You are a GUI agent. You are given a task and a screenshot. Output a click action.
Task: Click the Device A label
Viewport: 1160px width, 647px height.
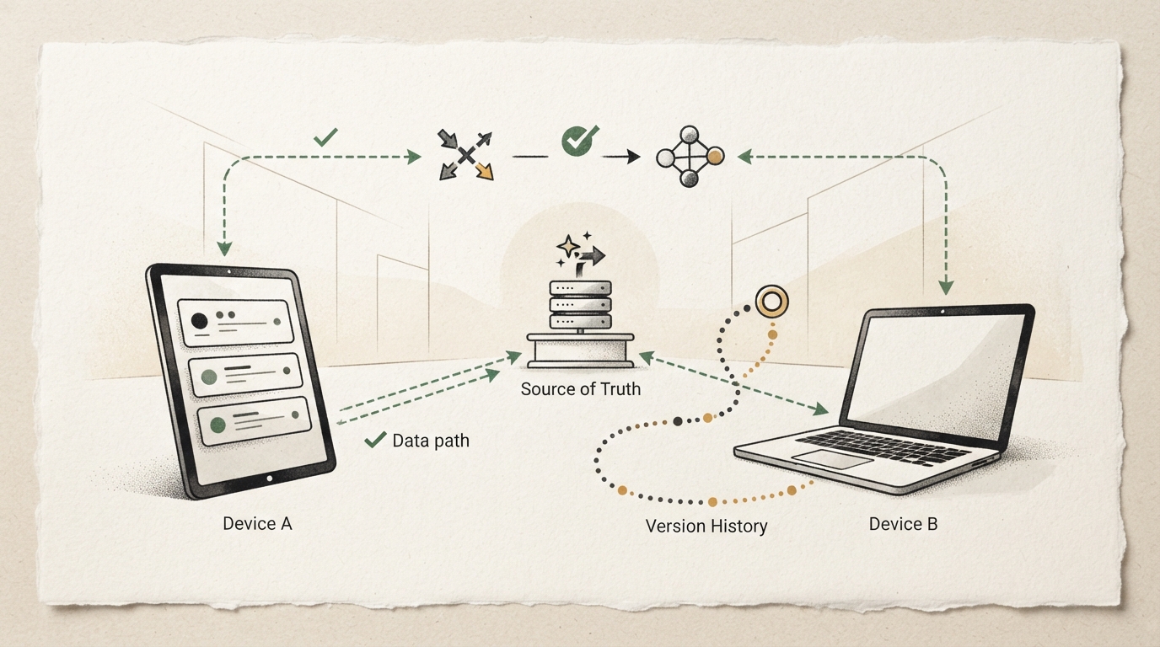pyautogui.click(x=257, y=523)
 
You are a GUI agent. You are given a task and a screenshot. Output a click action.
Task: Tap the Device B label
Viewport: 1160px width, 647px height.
pyautogui.click(x=903, y=524)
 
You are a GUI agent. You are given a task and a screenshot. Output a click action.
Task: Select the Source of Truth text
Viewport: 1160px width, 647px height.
pyautogui.click(x=581, y=388)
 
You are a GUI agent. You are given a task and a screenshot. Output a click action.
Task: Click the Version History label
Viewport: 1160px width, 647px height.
pyautogui.click(x=706, y=526)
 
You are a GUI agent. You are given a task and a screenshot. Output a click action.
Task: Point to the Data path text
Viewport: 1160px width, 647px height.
pyautogui.click(x=431, y=441)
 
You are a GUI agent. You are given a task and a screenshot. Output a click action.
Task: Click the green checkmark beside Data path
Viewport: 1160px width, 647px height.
pyautogui.click(x=375, y=440)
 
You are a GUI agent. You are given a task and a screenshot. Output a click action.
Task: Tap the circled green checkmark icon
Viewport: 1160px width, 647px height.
pyautogui.click(x=579, y=140)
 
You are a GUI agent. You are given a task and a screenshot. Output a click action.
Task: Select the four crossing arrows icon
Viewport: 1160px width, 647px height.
pyautogui.click(x=465, y=155)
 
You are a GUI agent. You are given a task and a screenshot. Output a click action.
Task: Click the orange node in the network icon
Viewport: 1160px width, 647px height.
pyautogui.click(x=715, y=157)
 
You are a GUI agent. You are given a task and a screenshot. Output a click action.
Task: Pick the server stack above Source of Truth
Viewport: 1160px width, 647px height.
pyautogui.click(x=581, y=305)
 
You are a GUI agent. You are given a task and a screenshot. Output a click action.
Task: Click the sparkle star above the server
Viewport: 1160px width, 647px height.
pyautogui.click(x=568, y=246)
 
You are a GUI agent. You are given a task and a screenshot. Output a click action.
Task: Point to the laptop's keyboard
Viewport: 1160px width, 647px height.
pyautogui.click(x=883, y=446)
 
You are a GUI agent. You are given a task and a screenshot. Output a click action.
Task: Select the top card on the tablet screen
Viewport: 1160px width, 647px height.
pyautogui.click(x=236, y=322)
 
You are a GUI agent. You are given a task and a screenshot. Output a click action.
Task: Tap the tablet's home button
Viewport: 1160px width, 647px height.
pyautogui.click(x=269, y=479)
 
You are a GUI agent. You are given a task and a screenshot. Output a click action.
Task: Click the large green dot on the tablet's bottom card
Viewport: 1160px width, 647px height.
pyautogui.click(x=218, y=425)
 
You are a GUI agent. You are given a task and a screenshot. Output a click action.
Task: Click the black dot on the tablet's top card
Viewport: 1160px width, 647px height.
pyautogui.click(x=199, y=321)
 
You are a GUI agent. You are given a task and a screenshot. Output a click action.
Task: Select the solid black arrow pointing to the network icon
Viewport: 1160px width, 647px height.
pyautogui.click(x=621, y=156)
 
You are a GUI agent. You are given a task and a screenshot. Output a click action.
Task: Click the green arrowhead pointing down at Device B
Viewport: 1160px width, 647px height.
pyautogui.click(x=946, y=288)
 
